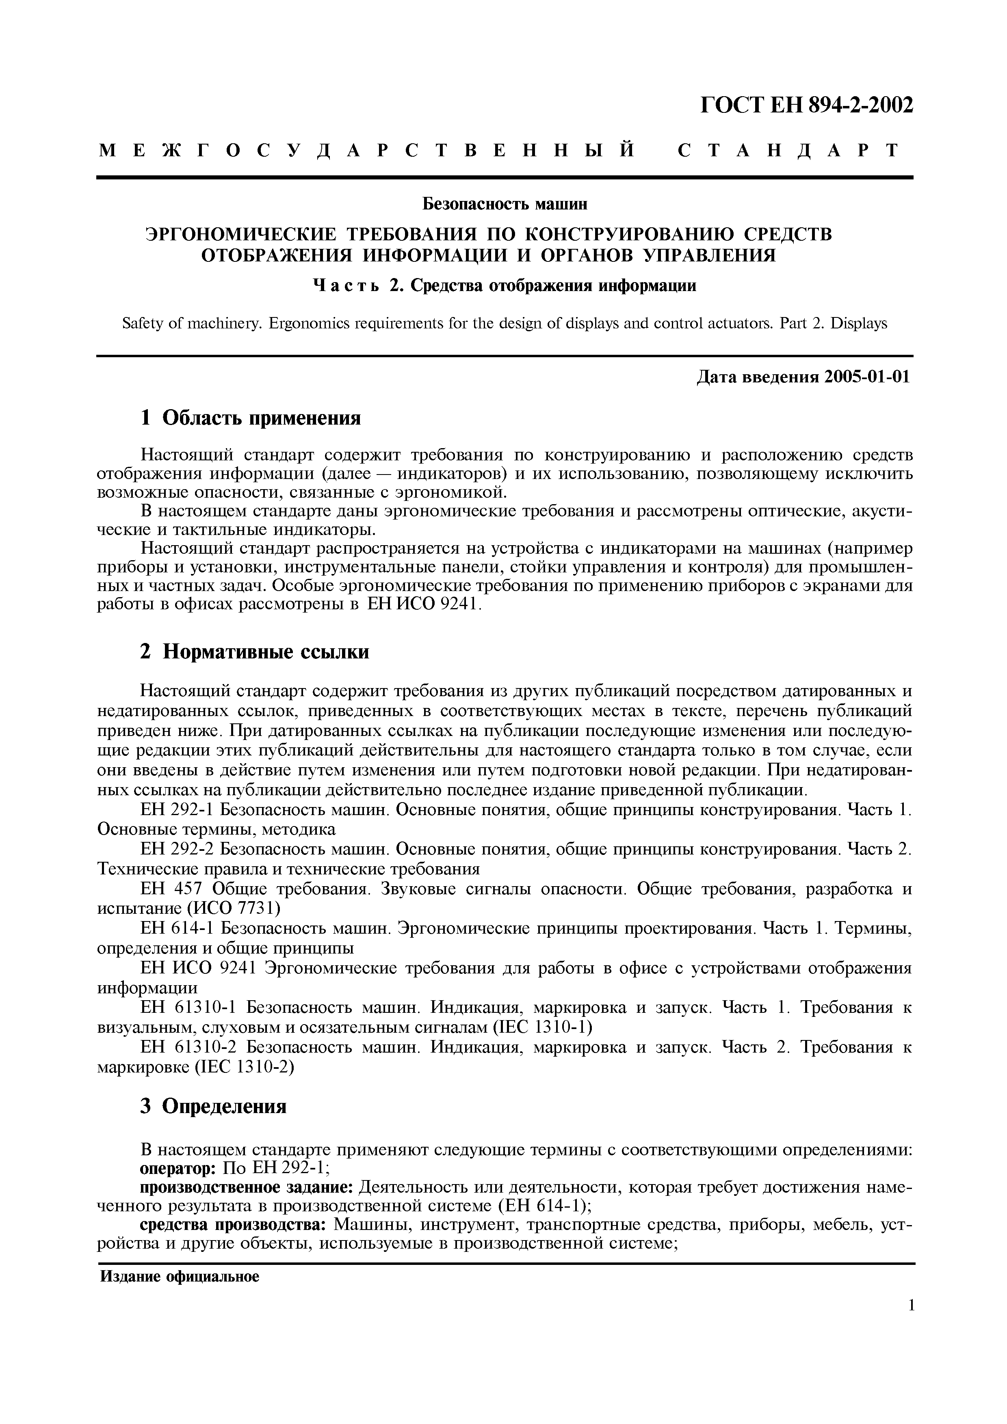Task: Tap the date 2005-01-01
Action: pyautogui.click(x=867, y=377)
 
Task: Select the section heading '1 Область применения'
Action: pyautogui.click(x=251, y=418)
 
